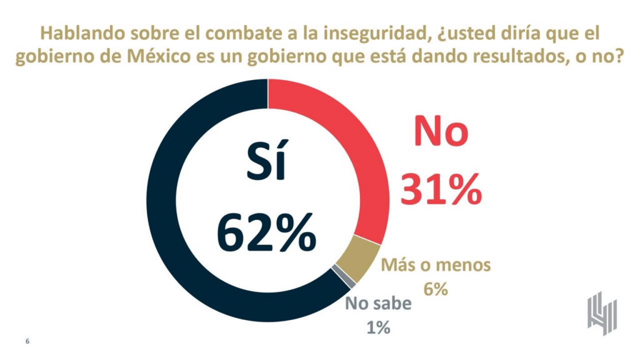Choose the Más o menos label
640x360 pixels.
pos(436,265)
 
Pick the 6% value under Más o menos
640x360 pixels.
pos(436,289)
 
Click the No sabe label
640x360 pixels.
pos(379,304)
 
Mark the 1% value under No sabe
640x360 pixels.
pos(379,327)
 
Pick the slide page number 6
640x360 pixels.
pos(27,341)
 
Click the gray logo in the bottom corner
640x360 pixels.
pos(602,312)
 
